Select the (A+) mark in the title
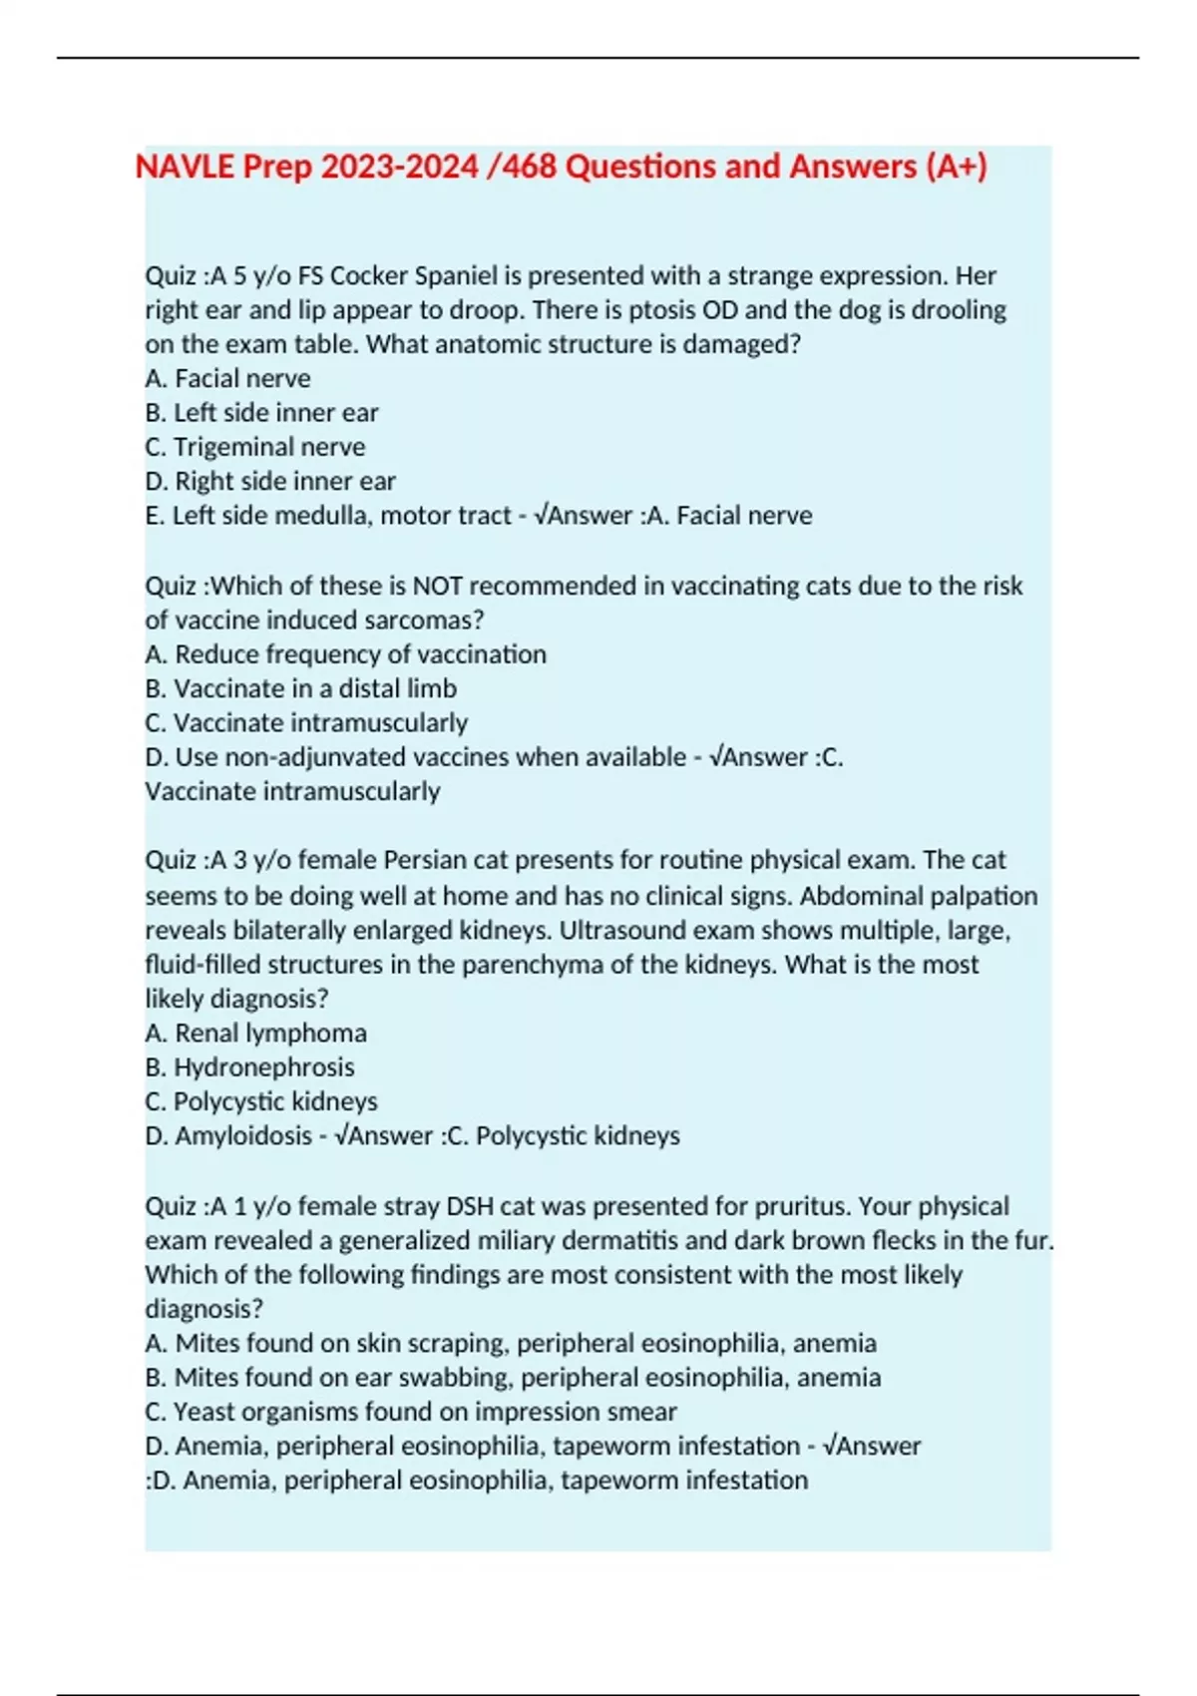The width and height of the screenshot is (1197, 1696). click(x=957, y=167)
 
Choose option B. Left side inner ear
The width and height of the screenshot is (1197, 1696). click(x=261, y=413)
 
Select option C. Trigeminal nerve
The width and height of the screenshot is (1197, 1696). click(x=255, y=447)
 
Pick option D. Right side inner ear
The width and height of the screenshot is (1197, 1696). click(x=270, y=482)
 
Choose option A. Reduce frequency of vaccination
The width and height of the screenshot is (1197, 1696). click(x=345, y=654)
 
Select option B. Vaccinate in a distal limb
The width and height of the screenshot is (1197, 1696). click(x=300, y=689)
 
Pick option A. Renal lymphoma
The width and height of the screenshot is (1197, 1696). click(x=255, y=1034)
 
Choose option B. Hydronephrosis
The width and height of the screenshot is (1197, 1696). click(x=249, y=1067)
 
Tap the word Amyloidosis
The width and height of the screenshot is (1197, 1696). click(x=243, y=1136)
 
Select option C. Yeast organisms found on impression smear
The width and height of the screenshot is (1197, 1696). click(x=411, y=1413)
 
